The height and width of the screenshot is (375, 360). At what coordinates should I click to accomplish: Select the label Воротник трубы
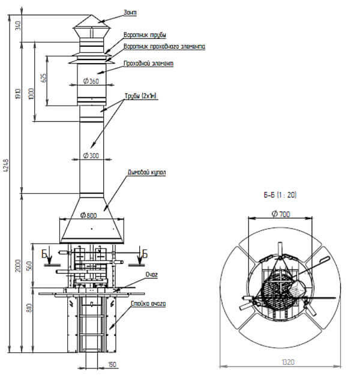pyautogui.click(x=145, y=35)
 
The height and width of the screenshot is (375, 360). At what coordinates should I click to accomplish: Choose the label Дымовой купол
pyautogui.click(x=146, y=172)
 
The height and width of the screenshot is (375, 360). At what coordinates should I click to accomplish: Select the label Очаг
pyautogui.click(x=151, y=274)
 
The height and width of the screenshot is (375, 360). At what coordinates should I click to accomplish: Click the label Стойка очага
pyautogui.click(x=148, y=304)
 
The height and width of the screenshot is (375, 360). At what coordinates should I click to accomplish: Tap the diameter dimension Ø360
pyautogui.click(x=91, y=81)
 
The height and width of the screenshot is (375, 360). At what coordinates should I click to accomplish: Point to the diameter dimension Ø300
pyautogui.click(x=91, y=155)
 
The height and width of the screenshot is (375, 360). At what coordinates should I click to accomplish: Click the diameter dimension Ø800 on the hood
pyautogui.click(x=88, y=215)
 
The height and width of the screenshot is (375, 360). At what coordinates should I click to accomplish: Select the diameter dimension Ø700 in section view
pyautogui.click(x=280, y=214)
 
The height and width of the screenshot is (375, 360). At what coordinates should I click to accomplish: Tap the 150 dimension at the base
pyautogui.click(x=113, y=364)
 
